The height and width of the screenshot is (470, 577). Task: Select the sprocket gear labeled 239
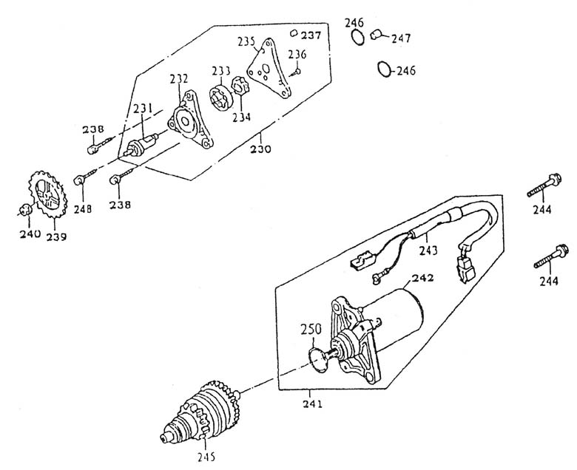[44, 196]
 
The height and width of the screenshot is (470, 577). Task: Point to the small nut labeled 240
[26, 209]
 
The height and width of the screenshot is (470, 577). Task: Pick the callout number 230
[261, 149]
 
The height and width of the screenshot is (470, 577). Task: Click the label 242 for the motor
[422, 279]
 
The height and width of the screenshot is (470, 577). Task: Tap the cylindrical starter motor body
[396, 314]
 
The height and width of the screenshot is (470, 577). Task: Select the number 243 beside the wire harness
[430, 250]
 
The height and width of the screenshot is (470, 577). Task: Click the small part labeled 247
[377, 34]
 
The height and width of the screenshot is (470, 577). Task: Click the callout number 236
[297, 54]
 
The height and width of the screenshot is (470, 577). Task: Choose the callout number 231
[143, 109]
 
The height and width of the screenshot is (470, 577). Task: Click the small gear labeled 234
[240, 98]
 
